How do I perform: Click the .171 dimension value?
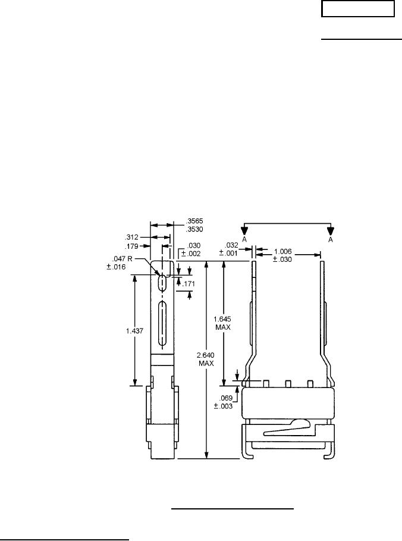click(188, 284)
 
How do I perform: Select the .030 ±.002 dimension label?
click(193, 249)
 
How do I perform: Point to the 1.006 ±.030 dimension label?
click(283, 254)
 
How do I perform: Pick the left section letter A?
click(243, 239)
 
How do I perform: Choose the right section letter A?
click(331, 239)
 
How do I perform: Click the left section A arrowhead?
click(243, 230)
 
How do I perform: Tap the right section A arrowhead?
click(331, 230)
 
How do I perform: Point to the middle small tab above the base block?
click(288, 383)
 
